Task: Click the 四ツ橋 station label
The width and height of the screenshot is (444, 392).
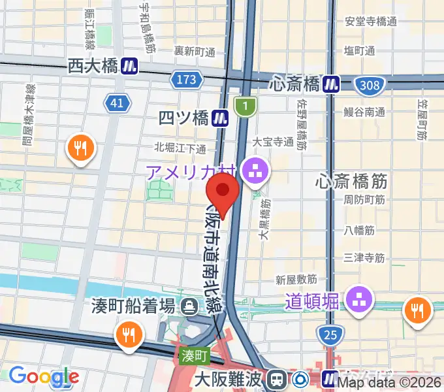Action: point(184,118)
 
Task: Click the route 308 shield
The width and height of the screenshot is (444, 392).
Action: point(369,84)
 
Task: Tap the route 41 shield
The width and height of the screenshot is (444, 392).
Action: point(116,103)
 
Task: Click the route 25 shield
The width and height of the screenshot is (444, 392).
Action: point(330,336)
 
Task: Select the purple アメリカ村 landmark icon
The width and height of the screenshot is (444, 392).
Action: point(253,172)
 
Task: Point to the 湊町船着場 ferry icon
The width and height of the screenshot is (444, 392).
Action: point(190,304)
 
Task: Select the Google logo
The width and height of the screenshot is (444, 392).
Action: point(44,376)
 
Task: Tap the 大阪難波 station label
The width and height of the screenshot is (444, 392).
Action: point(231,378)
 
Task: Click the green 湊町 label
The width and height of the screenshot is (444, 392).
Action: point(194,357)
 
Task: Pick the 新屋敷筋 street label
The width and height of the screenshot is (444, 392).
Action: point(296,280)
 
